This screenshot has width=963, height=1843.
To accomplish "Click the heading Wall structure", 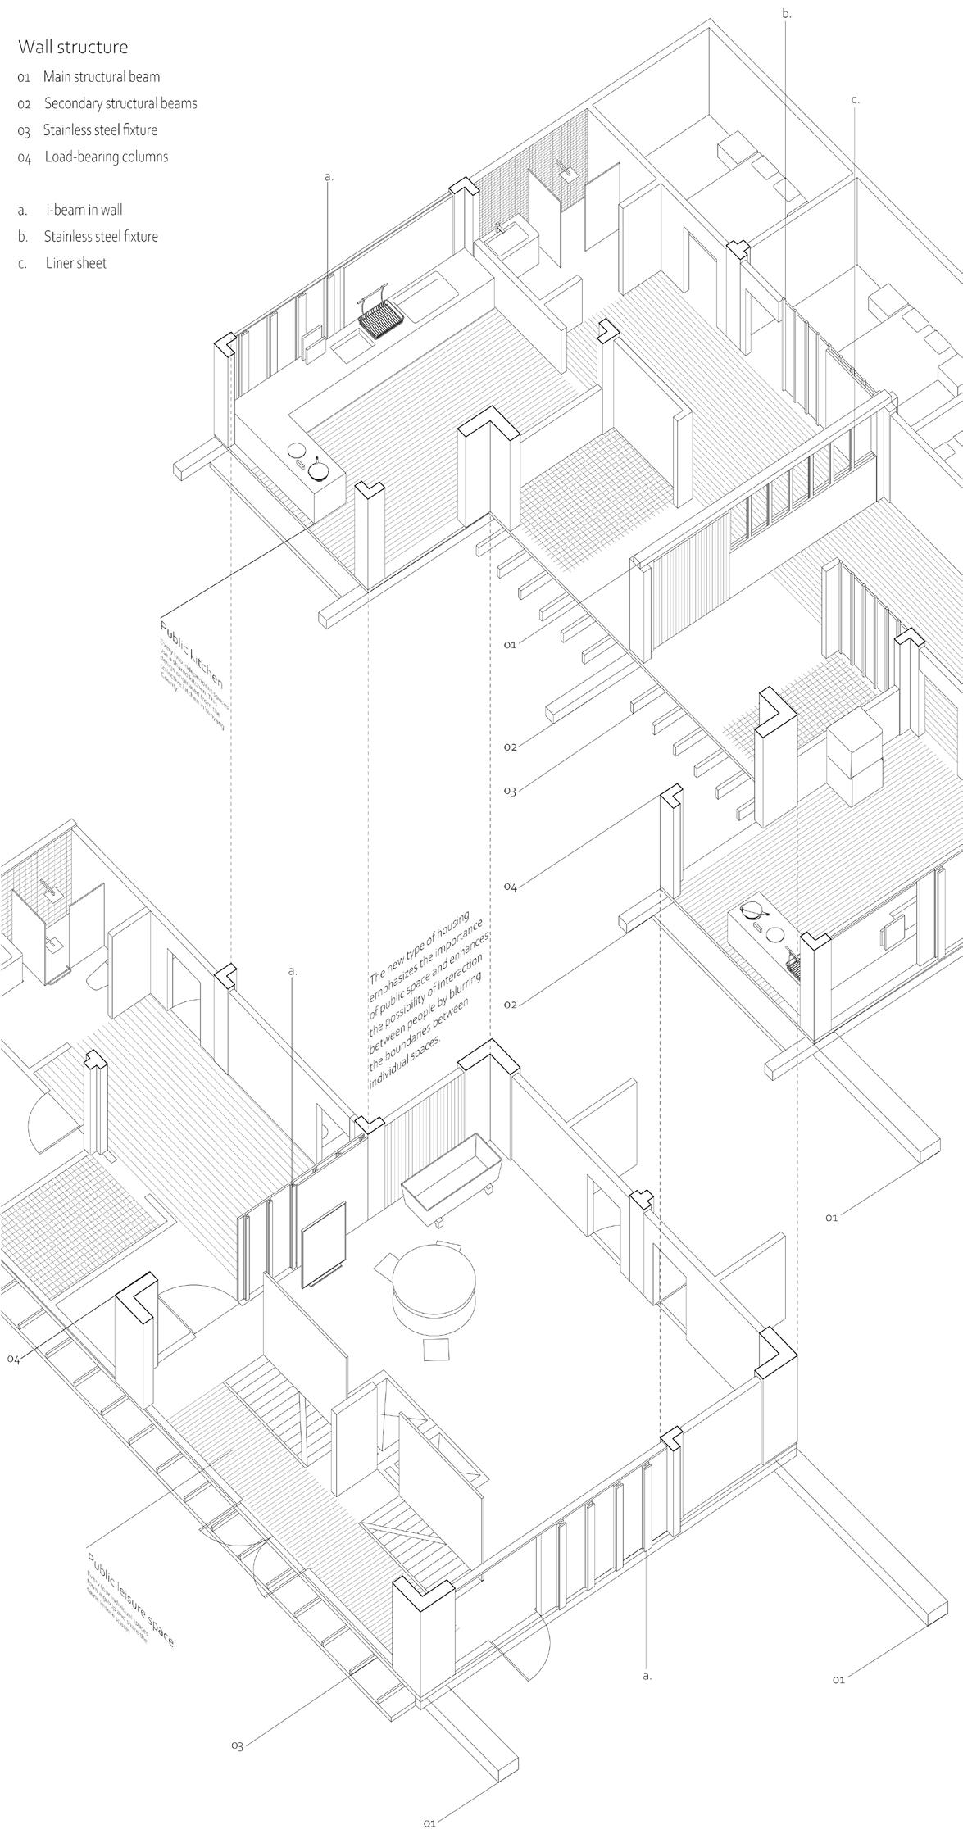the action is [x=73, y=48].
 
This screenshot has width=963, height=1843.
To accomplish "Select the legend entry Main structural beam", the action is [x=101, y=77].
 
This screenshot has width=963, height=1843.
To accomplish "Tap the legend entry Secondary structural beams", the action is [x=120, y=103].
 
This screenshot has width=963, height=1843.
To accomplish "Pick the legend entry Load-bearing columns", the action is [x=106, y=157].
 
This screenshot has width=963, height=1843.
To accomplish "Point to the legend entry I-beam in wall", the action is [x=84, y=210].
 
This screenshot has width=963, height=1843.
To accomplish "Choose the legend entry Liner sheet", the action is [x=75, y=263].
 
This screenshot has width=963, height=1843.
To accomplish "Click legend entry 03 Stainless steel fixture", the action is [x=99, y=129].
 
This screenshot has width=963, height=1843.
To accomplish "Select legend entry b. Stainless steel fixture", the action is [x=100, y=237].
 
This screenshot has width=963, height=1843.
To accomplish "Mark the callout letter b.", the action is [x=787, y=14].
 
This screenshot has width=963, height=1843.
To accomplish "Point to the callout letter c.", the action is [x=855, y=100].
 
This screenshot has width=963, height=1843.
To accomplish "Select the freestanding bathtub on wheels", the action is [x=452, y=1181].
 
